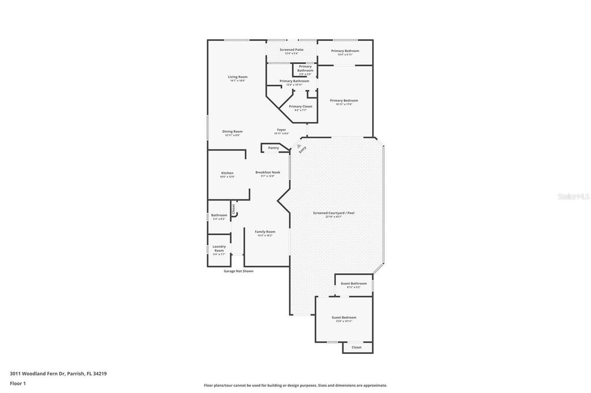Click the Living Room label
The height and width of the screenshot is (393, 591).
(237, 77)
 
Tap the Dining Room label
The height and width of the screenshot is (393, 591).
(233, 131)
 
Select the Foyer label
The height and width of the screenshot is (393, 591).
(281, 130)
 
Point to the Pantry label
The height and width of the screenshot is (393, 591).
(273, 148)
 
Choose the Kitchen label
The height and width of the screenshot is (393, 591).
(227, 173)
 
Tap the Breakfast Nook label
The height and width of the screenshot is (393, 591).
(268, 172)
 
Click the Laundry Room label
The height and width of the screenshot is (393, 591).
(219, 248)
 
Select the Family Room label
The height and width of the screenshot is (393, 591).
(265, 232)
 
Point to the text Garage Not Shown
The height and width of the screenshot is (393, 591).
(238, 271)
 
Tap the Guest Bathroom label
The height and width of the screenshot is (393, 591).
(353, 284)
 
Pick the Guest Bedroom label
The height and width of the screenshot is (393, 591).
(343, 318)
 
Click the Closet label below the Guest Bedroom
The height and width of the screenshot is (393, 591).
(356, 347)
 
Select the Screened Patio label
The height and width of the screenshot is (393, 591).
(291, 50)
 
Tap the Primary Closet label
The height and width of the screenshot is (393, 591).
(300, 106)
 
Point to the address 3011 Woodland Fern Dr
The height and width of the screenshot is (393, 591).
(58, 373)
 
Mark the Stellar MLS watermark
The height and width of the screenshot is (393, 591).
(573, 197)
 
